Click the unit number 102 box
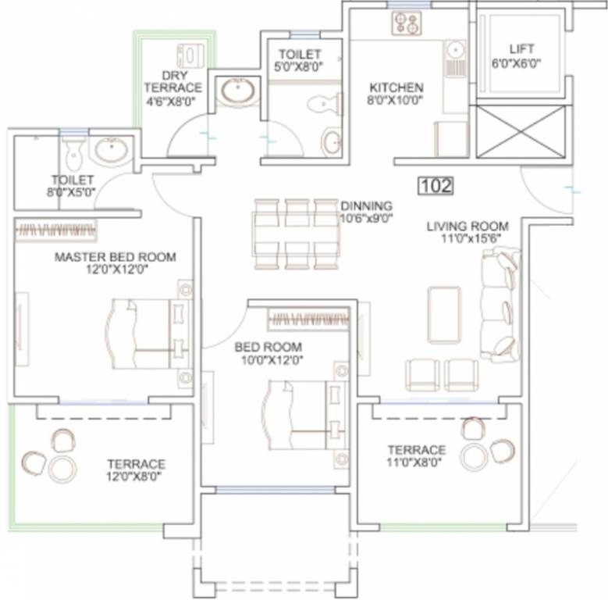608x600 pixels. pyautogui.click(x=436, y=185)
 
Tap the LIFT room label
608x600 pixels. pyautogui.click(x=521, y=49)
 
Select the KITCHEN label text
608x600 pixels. pyautogui.click(x=396, y=87)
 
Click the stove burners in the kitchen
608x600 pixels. pyautogui.click(x=407, y=23)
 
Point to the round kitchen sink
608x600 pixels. pyautogui.click(x=456, y=50)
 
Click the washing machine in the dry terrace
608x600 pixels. pyautogui.click(x=190, y=55)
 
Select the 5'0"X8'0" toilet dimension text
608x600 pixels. pyautogui.click(x=298, y=66)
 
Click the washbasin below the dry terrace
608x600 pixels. pyautogui.click(x=238, y=91)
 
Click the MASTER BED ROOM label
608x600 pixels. pyautogui.click(x=116, y=257)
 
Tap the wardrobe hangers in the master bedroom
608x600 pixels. pyautogui.click(x=55, y=230)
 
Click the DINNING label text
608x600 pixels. pyautogui.click(x=366, y=205)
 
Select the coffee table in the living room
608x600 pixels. pyautogui.click(x=444, y=315)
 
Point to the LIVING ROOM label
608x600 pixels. pyautogui.click(x=468, y=226)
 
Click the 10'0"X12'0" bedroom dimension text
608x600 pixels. pyautogui.click(x=272, y=360)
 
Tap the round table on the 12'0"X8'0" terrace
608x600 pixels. pyautogui.click(x=62, y=470)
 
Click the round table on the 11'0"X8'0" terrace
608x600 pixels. pyautogui.click(x=475, y=456)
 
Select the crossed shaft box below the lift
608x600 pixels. pyautogui.click(x=521, y=132)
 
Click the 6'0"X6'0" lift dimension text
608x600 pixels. pyautogui.click(x=516, y=63)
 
